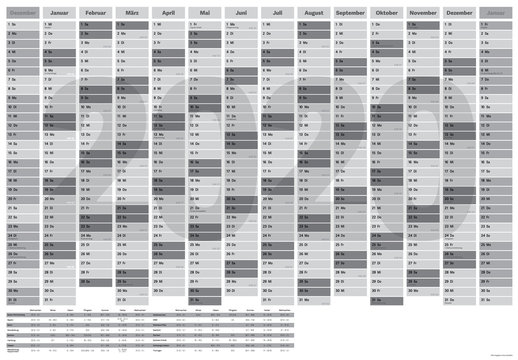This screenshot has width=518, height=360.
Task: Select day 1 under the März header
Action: pyautogui.click(x=133, y=25)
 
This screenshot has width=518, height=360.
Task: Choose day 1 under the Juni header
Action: pyautogui.click(x=241, y=25)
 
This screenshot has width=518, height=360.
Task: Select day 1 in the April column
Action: pyautogui.click(x=169, y=25)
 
